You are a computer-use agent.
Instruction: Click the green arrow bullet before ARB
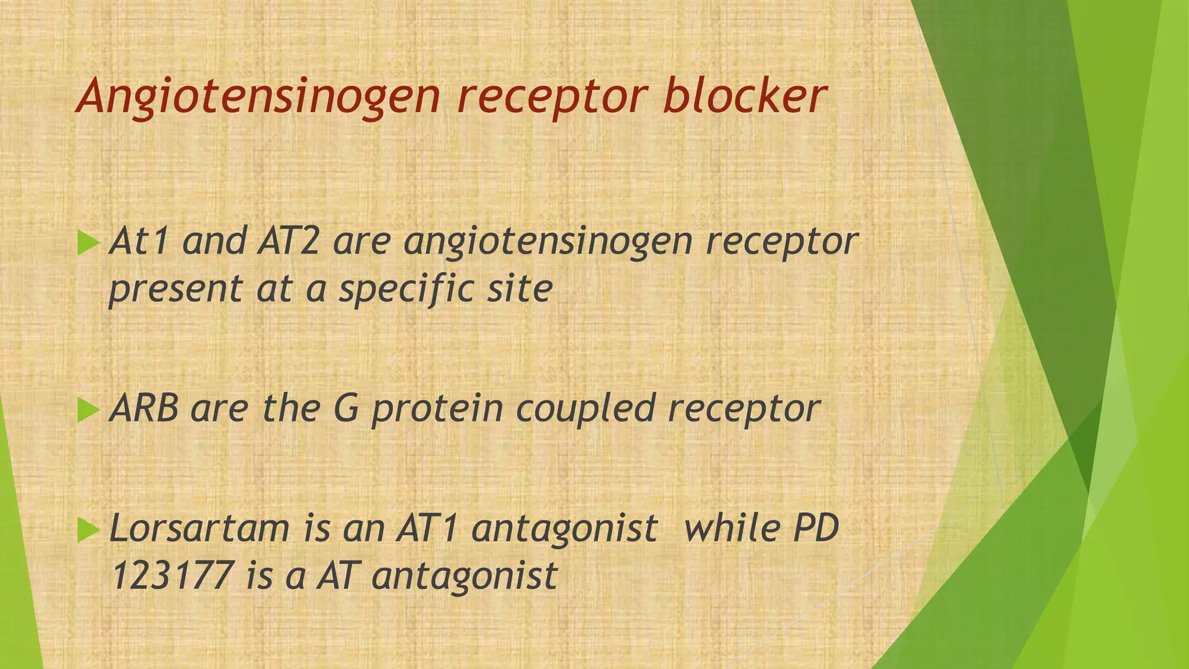coord(88,410)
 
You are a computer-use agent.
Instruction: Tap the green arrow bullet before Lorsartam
coord(88,530)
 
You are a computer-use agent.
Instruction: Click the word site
coord(519,288)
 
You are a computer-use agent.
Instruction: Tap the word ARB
coord(143,408)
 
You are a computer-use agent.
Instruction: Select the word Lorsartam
coord(199,528)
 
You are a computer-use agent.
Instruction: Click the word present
coord(175,289)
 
